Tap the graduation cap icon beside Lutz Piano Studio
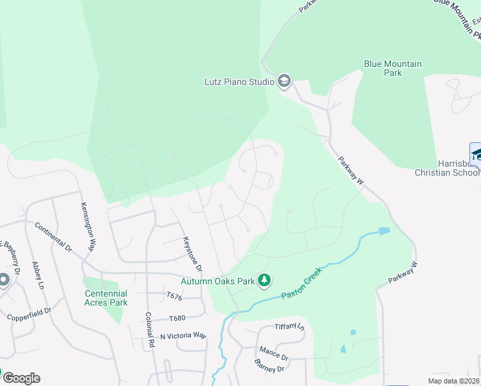click(284, 81)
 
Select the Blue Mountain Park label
click(393, 68)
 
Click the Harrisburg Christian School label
click(447, 168)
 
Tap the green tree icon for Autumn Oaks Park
click(264, 280)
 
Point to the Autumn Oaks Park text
click(217, 281)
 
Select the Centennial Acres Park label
click(106, 298)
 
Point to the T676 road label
click(174, 297)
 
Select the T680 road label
click(177, 318)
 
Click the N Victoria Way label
click(183, 336)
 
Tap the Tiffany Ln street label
click(289, 327)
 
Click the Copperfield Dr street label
click(29, 315)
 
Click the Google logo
click(21, 378)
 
